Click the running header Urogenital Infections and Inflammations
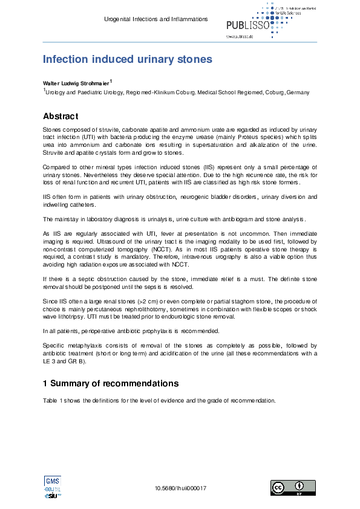(x=157, y=19)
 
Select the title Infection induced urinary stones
(x=127, y=59)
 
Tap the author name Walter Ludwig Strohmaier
(x=76, y=82)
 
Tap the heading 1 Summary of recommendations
(x=111, y=383)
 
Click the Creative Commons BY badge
(x=292, y=488)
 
